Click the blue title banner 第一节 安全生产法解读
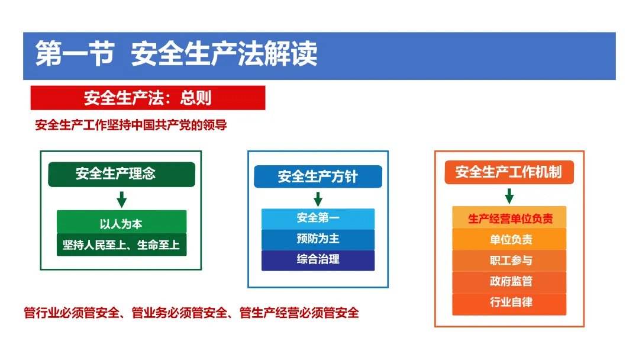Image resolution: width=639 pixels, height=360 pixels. [319, 56]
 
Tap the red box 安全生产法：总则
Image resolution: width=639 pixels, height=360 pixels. [148, 98]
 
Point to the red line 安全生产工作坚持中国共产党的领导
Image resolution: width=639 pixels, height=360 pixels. [131, 125]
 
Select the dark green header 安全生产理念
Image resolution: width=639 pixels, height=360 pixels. [121, 174]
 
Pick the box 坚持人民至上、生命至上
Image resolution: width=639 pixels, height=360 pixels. [121, 245]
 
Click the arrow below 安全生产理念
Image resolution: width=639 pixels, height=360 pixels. [121, 200]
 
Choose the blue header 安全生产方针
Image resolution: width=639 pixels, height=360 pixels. [318, 176]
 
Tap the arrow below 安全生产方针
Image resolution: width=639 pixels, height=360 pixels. [318, 199]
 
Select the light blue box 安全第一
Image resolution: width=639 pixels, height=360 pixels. [318, 218]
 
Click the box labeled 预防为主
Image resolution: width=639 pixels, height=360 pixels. [318, 239]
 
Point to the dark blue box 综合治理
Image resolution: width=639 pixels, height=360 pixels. [318, 260]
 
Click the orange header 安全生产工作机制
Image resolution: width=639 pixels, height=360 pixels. [509, 172]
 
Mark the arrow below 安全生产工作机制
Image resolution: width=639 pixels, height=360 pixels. [509, 196]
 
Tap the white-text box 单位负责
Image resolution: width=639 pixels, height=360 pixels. [509, 239]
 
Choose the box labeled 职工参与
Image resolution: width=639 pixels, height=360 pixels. [509, 261]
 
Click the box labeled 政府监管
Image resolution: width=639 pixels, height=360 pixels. [509, 282]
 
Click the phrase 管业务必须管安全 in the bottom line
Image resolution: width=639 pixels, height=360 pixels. [179, 313]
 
